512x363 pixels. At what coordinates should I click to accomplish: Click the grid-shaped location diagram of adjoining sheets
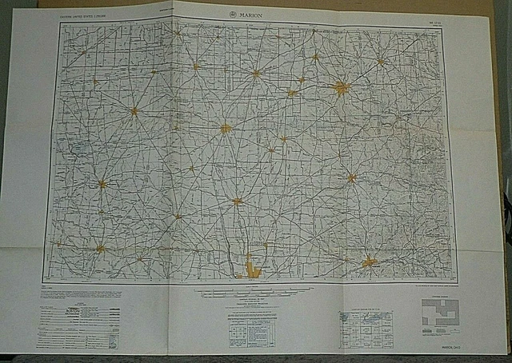(x=366, y=328)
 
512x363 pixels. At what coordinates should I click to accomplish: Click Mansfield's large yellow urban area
(x=342, y=88)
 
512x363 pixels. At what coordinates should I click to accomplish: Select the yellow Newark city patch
(x=369, y=261)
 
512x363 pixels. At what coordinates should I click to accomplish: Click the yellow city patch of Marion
(x=226, y=128)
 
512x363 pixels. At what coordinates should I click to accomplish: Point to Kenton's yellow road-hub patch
(x=134, y=111)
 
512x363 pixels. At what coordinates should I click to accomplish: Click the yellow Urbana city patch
(x=100, y=249)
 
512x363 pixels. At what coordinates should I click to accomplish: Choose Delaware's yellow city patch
(x=237, y=201)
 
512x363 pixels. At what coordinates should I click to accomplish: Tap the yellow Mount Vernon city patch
(x=351, y=178)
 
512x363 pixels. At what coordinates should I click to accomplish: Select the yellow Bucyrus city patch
(x=256, y=74)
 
